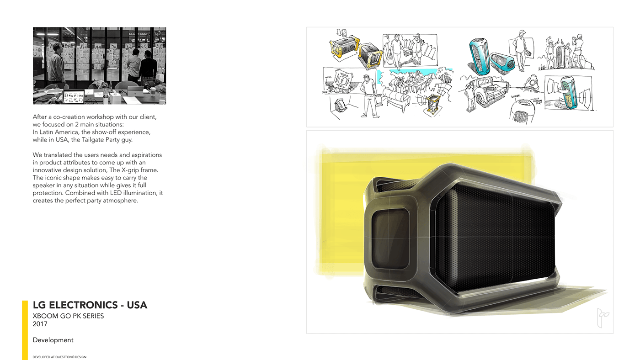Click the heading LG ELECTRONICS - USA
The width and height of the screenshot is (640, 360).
[90, 305]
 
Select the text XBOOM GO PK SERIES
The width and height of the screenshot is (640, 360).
[68, 316]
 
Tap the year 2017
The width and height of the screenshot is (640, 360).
[40, 324]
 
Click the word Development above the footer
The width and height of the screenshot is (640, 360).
[53, 340]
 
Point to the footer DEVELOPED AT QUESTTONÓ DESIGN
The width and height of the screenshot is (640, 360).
[59, 357]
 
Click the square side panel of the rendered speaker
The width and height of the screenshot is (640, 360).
[389, 238]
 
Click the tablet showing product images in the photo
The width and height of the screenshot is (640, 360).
[73, 97]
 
